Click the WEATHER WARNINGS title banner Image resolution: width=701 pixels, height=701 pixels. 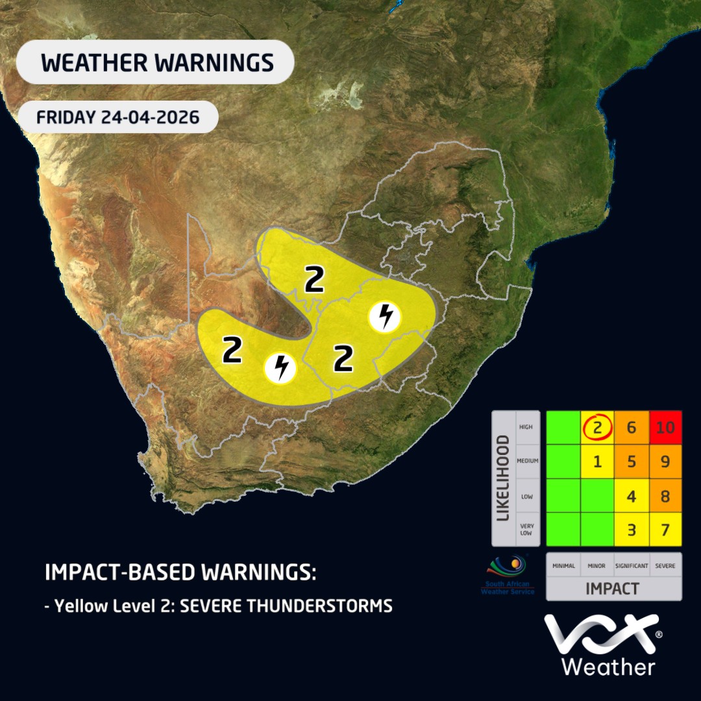tap(156, 62)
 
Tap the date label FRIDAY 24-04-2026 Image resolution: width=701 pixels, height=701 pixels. tap(117, 117)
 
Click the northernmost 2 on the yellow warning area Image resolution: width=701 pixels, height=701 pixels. tap(314, 280)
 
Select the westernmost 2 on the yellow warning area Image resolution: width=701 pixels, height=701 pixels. tap(232, 350)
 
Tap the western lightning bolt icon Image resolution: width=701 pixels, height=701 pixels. tap(280, 368)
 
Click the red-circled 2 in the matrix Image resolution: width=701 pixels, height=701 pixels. tap(597, 427)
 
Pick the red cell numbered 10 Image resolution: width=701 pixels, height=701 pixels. tap(664, 427)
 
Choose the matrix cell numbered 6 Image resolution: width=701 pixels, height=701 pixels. tap(631, 427)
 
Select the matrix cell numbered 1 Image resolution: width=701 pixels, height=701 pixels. tap(597, 461)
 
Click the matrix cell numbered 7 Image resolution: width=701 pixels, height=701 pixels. tap(664, 529)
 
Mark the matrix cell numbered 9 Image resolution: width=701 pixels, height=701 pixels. tap(664, 461)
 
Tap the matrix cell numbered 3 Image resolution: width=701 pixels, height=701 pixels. tap(631, 529)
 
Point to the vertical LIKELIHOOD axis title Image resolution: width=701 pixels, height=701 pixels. tap(503, 478)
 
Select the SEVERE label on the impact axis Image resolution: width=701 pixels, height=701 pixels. tap(665, 566)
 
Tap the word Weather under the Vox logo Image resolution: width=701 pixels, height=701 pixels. tap(608, 667)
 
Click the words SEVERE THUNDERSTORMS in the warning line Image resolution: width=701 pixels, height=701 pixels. tap(287, 606)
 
